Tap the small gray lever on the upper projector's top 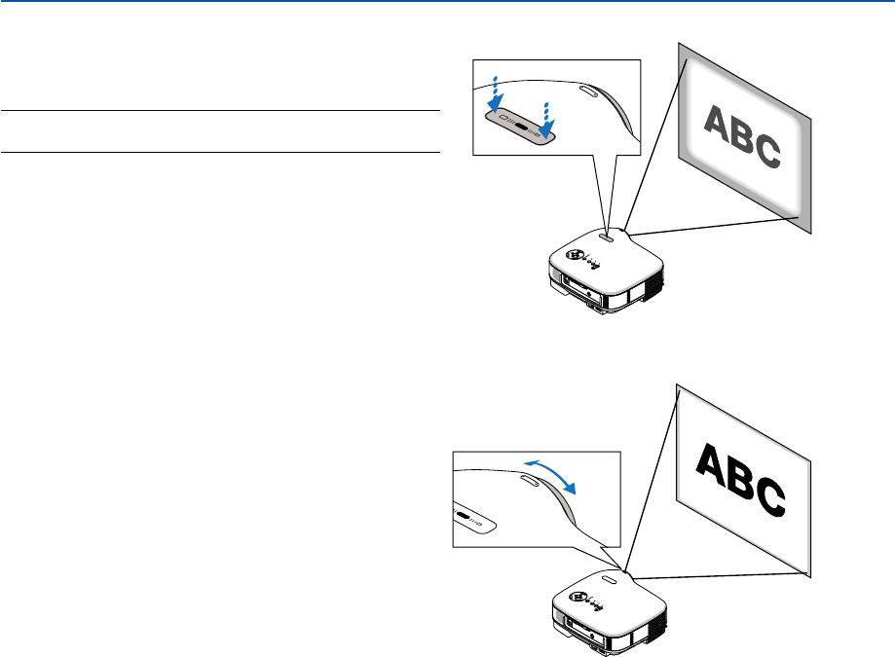[605, 235]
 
